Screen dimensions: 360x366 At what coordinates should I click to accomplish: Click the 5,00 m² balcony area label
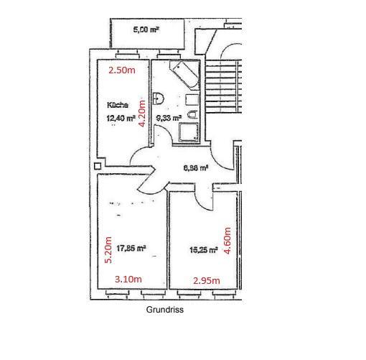[x=146, y=30]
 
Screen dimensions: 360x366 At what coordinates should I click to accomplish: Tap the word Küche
[x=118, y=105]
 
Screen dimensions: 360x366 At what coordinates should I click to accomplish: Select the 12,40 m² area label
[x=121, y=119]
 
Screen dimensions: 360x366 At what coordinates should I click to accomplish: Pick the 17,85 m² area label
[x=132, y=249]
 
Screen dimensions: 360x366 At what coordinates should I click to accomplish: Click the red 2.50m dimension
[x=121, y=70]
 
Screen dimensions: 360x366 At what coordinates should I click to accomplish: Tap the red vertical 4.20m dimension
[x=143, y=112]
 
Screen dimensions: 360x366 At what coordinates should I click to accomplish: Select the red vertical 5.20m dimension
[x=108, y=250]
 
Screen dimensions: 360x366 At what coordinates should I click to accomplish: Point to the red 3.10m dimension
[x=128, y=279]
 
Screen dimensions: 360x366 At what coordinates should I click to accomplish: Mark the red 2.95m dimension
[x=206, y=280]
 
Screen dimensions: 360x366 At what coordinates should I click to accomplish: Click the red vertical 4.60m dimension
[x=227, y=243]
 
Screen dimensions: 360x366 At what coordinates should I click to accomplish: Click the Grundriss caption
[x=166, y=310]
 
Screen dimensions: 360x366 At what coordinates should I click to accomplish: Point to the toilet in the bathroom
[x=192, y=114]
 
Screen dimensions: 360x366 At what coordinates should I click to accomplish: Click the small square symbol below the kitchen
[x=98, y=166]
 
